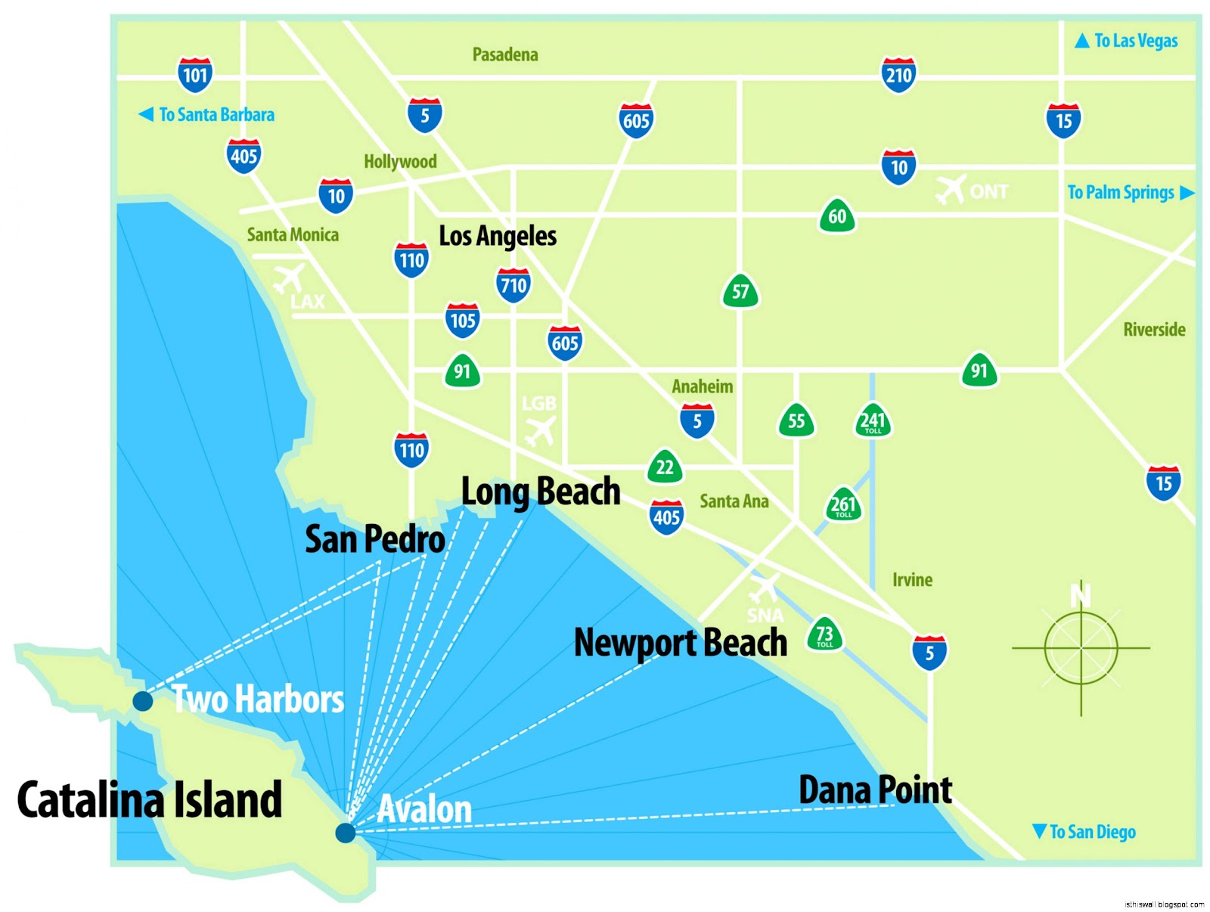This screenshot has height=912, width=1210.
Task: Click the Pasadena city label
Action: pos(505,54)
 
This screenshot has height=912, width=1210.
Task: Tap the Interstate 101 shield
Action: pos(195,75)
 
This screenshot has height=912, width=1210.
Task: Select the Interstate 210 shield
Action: pos(898,75)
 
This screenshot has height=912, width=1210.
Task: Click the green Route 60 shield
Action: pos(837,216)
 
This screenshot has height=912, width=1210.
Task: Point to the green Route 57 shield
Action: pos(740,291)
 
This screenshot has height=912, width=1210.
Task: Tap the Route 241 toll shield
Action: pos(873,420)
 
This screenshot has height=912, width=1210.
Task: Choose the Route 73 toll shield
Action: pos(824,634)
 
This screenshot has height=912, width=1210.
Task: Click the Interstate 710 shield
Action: pos(513,285)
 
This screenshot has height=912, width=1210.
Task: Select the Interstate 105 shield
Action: pos(462,320)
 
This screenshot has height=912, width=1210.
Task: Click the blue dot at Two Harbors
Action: pos(142,701)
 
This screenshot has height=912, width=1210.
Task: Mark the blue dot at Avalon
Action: pos(346,833)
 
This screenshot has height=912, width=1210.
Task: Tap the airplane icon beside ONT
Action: pos(951,188)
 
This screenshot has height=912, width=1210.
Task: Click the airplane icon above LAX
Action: pos(289,278)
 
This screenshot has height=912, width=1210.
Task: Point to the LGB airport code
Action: pos(538,404)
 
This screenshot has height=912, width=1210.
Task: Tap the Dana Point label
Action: pos(876,790)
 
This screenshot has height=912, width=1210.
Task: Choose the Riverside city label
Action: pos(1154,330)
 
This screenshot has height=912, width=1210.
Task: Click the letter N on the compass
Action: pos(1081,594)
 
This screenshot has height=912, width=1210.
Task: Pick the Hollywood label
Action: pos(400,162)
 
